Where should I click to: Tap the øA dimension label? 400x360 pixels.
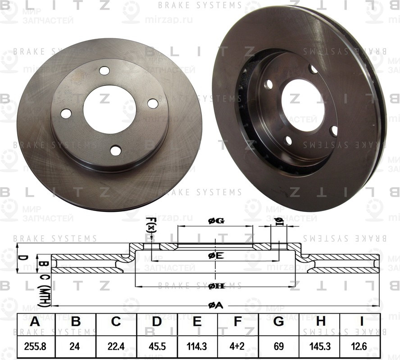pyautogui.click(x=216, y=306)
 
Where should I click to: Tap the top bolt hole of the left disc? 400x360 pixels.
pyautogui.click(x=105, y=71)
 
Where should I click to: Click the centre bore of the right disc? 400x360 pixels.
pyautogui.click(x=303, y=111)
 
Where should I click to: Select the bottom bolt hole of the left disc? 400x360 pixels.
pyautogui.click(x=116, y=150)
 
